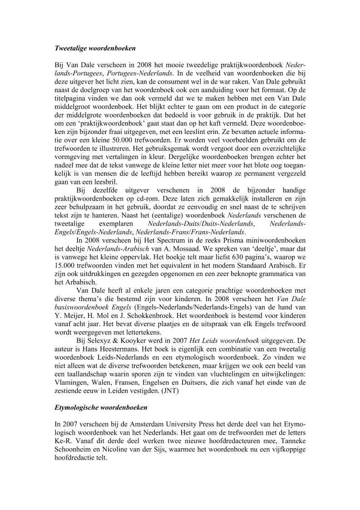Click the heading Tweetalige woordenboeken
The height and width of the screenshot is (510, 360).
[x=95, y=47]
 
